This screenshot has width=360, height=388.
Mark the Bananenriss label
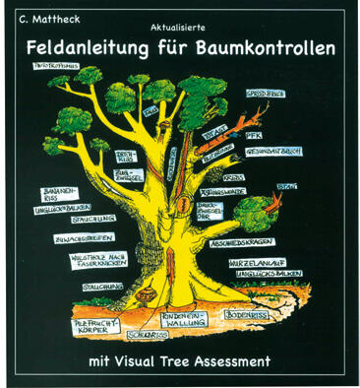tap(57, 190)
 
